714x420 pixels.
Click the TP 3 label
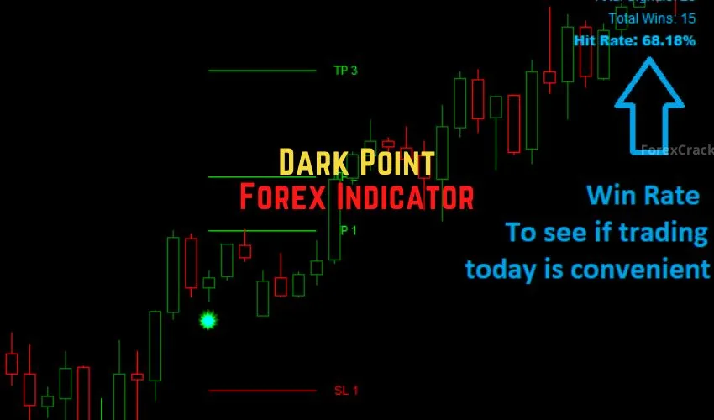click(x=345, y=71)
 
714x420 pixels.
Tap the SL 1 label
click(x=346, y=391)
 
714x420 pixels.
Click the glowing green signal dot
click(x=207, y=320)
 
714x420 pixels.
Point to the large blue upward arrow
click(x=648, y=105)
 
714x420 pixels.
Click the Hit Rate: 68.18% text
click(x=634, y=40)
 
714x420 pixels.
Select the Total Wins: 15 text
click(x=652, y=18)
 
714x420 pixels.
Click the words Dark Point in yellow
click(x=356, y=161)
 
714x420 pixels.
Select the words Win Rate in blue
click(x=643, y=196)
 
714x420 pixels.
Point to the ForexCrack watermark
click(x=676, y=150)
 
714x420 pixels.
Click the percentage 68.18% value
click(x=669, y=40)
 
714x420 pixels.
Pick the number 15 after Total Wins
click(x=688, y=18)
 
